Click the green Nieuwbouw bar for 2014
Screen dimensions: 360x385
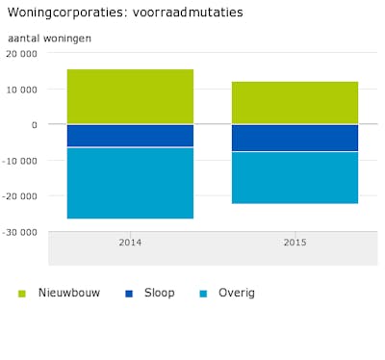130,96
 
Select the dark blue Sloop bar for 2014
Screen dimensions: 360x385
130,136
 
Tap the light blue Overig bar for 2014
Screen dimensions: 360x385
130,183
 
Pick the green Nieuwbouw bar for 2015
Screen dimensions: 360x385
295,103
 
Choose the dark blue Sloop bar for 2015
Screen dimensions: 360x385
295,138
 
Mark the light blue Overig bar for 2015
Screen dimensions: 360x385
295,178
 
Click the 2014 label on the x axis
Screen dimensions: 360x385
130,243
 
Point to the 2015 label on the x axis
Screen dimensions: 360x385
295,243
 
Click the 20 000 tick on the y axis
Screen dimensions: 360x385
22,54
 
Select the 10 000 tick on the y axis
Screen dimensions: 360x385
22,90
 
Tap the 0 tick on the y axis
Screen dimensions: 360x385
35,125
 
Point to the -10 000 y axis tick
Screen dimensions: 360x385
20,161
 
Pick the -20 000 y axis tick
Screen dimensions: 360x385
20,196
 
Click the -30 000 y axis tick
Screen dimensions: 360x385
20,232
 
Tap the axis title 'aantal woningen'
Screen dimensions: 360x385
49,38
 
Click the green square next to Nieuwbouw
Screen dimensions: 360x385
22,294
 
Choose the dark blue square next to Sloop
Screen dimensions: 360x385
129,294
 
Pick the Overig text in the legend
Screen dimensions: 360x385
237,293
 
